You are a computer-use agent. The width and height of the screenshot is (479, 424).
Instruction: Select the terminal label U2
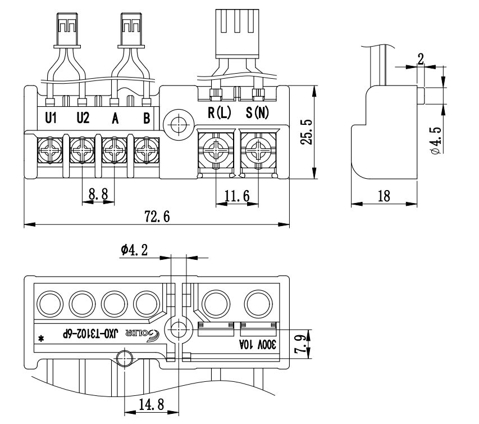(83, 119)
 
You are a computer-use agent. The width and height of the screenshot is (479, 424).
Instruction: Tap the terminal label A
(115, 119)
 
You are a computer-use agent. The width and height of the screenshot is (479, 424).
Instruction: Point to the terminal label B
(146, 119)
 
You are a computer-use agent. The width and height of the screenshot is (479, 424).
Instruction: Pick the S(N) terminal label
(258, 112)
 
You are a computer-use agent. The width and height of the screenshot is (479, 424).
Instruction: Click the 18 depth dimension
(385, 196)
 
